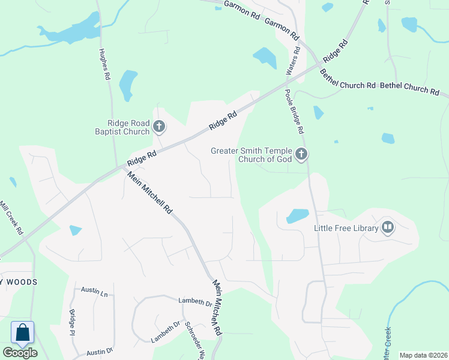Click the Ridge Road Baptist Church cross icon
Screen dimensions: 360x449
(158, 127)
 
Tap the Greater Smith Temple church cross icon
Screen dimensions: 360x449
(301, 154)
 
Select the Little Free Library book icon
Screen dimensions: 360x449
(387, 227)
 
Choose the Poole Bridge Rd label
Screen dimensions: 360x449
(294, 111)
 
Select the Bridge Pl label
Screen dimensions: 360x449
(72, 322)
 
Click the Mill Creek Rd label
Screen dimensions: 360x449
(12, 217)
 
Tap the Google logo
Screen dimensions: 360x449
(20, 353)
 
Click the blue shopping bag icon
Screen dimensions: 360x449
(22, 333)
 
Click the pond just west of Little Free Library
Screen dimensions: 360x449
(298, 215)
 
